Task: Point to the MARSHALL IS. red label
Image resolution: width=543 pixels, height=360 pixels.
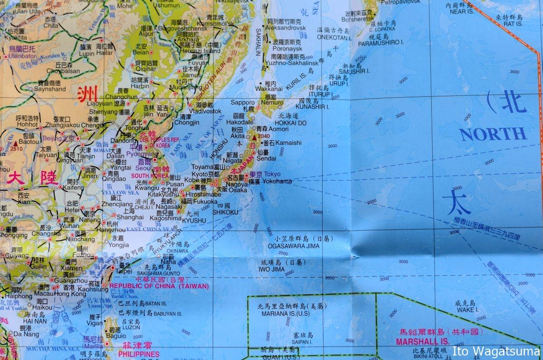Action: click(423, 342)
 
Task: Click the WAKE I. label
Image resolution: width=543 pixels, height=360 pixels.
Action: click(467, 310)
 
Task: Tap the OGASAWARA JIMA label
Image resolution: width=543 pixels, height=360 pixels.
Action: click(294, 246)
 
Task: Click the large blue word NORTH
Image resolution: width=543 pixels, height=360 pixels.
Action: click(493, 134)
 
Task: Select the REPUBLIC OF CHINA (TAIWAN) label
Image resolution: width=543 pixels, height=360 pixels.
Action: click(159, 286)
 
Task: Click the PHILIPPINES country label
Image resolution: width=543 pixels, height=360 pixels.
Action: click(139, 354)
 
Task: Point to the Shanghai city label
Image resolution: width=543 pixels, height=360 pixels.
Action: click(130, 217)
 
